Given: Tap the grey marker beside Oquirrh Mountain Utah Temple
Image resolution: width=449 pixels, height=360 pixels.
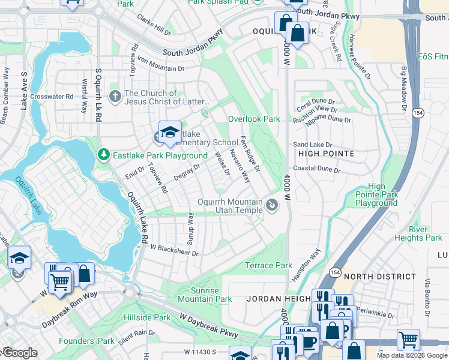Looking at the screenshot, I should click(x=272, y=206).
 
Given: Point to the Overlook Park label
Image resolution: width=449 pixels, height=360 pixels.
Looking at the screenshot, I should click(x=254, y=119).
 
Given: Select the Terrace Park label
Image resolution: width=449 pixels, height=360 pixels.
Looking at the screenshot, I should click(x=268, y=265).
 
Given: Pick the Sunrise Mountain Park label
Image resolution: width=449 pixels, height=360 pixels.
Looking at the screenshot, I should click(x=203, y=295).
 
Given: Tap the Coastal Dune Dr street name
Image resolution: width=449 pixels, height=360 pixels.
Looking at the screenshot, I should click(x=317, y=170).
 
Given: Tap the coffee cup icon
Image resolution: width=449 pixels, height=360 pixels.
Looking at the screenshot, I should click(x=309, y=342).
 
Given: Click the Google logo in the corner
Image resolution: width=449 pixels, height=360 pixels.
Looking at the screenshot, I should click(x=20, y=353).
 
